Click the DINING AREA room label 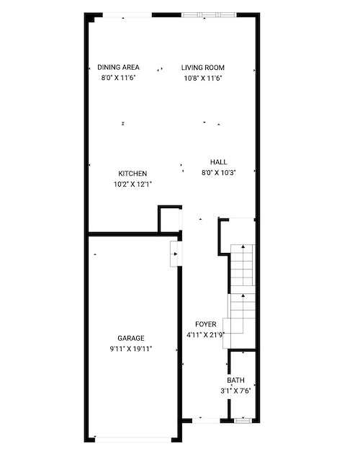(x=118, y=67)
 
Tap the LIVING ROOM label (x=202, y=68)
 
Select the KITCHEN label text (x=132, y=174)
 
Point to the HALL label (x=218, y=162)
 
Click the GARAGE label (x=131, y=339)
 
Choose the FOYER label (x=206, y=324)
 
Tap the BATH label (x=235, y=380)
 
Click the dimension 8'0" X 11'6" (x=119, y=78)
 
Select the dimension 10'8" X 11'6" (x=203, y=79)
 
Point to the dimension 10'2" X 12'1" (x=132, y=184)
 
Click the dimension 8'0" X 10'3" (x=218, y=173)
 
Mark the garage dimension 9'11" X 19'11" (x=131, y=349)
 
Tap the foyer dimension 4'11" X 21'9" (x=206, y=335)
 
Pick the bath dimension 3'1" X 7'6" (x=235, y=391)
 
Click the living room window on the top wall (x=209, y=15)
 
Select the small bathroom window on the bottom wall (x=243, y=421)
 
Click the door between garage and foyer (x=176, y=254)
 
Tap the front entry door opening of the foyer (x=206, y=421)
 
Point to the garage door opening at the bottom (x=133, y=440)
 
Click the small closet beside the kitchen (x=170, y=220)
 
